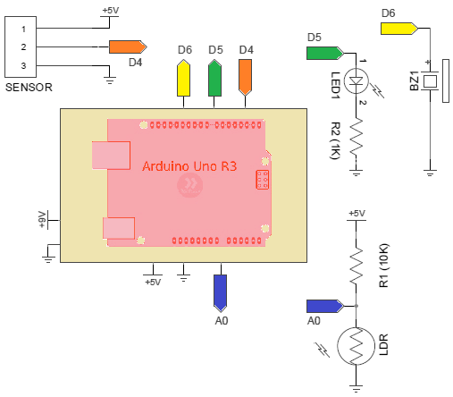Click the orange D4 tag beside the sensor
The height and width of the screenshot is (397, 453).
[128, 46]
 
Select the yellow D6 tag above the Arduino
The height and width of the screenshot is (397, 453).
[183, 78]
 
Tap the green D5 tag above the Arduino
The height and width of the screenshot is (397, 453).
[214, 78]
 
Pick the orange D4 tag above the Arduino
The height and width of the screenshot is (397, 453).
[245, 78]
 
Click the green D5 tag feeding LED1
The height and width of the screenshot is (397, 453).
[325, 54]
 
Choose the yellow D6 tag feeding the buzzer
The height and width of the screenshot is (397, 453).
[399, 29]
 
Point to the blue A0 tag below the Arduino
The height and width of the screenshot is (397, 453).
[221, 293]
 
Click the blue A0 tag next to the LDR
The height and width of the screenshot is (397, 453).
[325, 306]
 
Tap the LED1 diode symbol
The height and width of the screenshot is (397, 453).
[357, 80]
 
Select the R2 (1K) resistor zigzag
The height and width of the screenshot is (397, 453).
[357, 137]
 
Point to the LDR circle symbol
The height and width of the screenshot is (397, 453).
[357, 346]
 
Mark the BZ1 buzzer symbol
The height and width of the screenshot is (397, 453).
[437, 80]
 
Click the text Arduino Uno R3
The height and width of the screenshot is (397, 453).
[189, 166]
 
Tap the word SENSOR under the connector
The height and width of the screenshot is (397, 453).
[29, 88]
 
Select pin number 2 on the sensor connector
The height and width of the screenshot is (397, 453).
[23, 47]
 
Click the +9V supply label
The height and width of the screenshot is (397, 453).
[43, 220]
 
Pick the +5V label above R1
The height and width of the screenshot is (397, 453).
[357, 214]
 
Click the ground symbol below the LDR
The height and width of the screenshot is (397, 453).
[357, 388]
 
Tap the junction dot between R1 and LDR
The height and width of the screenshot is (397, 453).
[357, 306]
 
